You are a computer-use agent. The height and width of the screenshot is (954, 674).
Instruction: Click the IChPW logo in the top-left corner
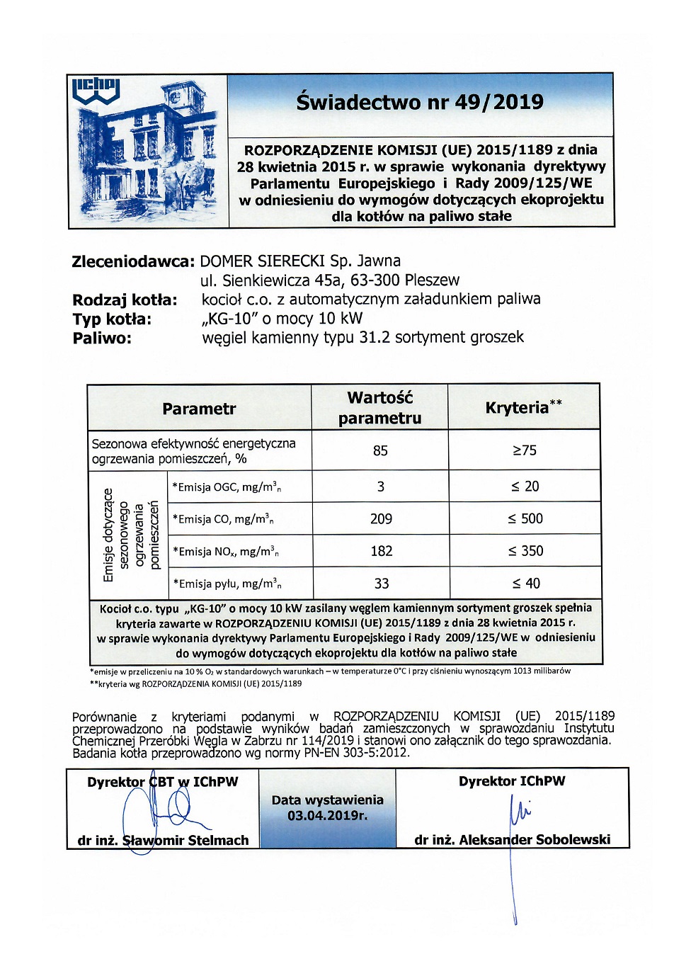click(96, 91)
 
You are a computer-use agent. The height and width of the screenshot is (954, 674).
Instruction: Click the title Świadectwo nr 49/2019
click(420, 102)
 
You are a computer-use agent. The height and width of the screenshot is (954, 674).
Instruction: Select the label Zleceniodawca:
click(133, 261)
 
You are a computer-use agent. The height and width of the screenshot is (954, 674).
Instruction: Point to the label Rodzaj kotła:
click(125, 300)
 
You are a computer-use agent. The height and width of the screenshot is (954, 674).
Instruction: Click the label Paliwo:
click(102, 338)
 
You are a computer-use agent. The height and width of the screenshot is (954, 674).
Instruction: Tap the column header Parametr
click(199, 409)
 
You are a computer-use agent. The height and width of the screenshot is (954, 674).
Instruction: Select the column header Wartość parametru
click(379, 408)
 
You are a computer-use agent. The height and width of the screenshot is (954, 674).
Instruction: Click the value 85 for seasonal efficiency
click(380, 450)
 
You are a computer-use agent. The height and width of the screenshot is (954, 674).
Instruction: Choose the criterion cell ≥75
click(524, 450)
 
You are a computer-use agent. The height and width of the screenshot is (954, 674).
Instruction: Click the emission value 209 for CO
click(381, 519)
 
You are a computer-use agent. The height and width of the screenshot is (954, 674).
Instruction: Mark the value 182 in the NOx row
click(381, 551)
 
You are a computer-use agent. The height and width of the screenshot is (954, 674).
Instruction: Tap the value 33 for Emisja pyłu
click(381, 584)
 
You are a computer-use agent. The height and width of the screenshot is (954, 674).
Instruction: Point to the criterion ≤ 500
click(525, 518)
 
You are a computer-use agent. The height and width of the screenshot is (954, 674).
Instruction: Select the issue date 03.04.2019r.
click(327, 816)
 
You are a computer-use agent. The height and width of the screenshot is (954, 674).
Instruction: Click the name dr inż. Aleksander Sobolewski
click(512, 840)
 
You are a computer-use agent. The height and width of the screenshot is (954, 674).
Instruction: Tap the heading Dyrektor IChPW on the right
click(512, 781)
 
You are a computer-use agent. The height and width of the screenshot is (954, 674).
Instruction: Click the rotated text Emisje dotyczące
click(108, 535)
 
